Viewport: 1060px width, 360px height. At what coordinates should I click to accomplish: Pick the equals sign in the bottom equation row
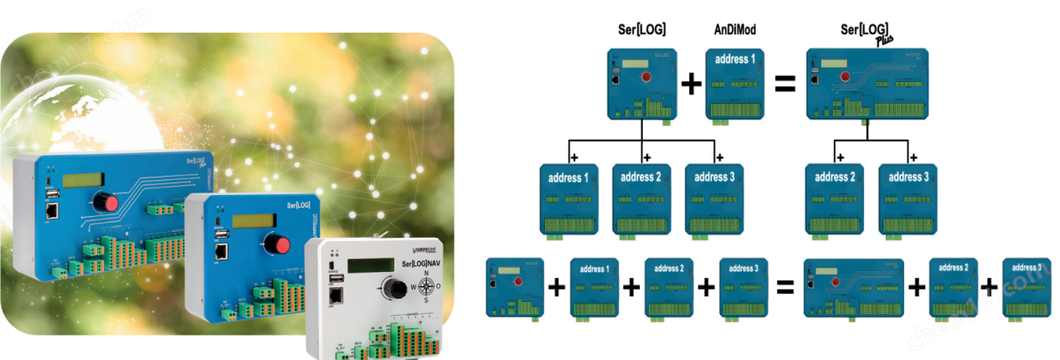pos(785,287)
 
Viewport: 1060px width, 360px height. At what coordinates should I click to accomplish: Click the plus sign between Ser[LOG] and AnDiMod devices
pos(692,85)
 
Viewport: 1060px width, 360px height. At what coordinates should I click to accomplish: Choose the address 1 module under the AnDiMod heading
pos(735,86)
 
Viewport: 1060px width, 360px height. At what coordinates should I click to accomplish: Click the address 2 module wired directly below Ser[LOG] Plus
pos(835,199)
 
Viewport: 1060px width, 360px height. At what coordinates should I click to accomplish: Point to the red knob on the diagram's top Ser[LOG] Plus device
pos(845,78)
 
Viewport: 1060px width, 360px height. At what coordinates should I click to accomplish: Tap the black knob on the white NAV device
pos(390,285)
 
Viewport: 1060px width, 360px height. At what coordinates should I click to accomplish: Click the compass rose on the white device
pos(427,285)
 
